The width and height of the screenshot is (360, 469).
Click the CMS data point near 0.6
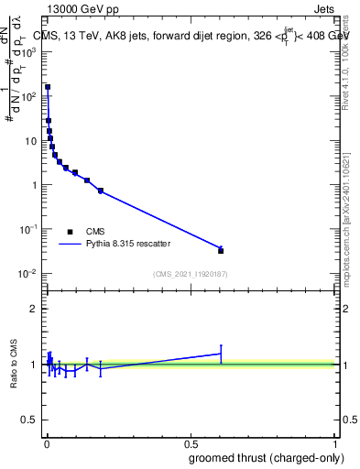(221, 250)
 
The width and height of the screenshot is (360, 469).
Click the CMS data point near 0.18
(101, 191)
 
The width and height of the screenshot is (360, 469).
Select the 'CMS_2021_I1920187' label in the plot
(190, 274)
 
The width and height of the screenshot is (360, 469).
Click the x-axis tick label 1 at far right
(335, 442)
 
